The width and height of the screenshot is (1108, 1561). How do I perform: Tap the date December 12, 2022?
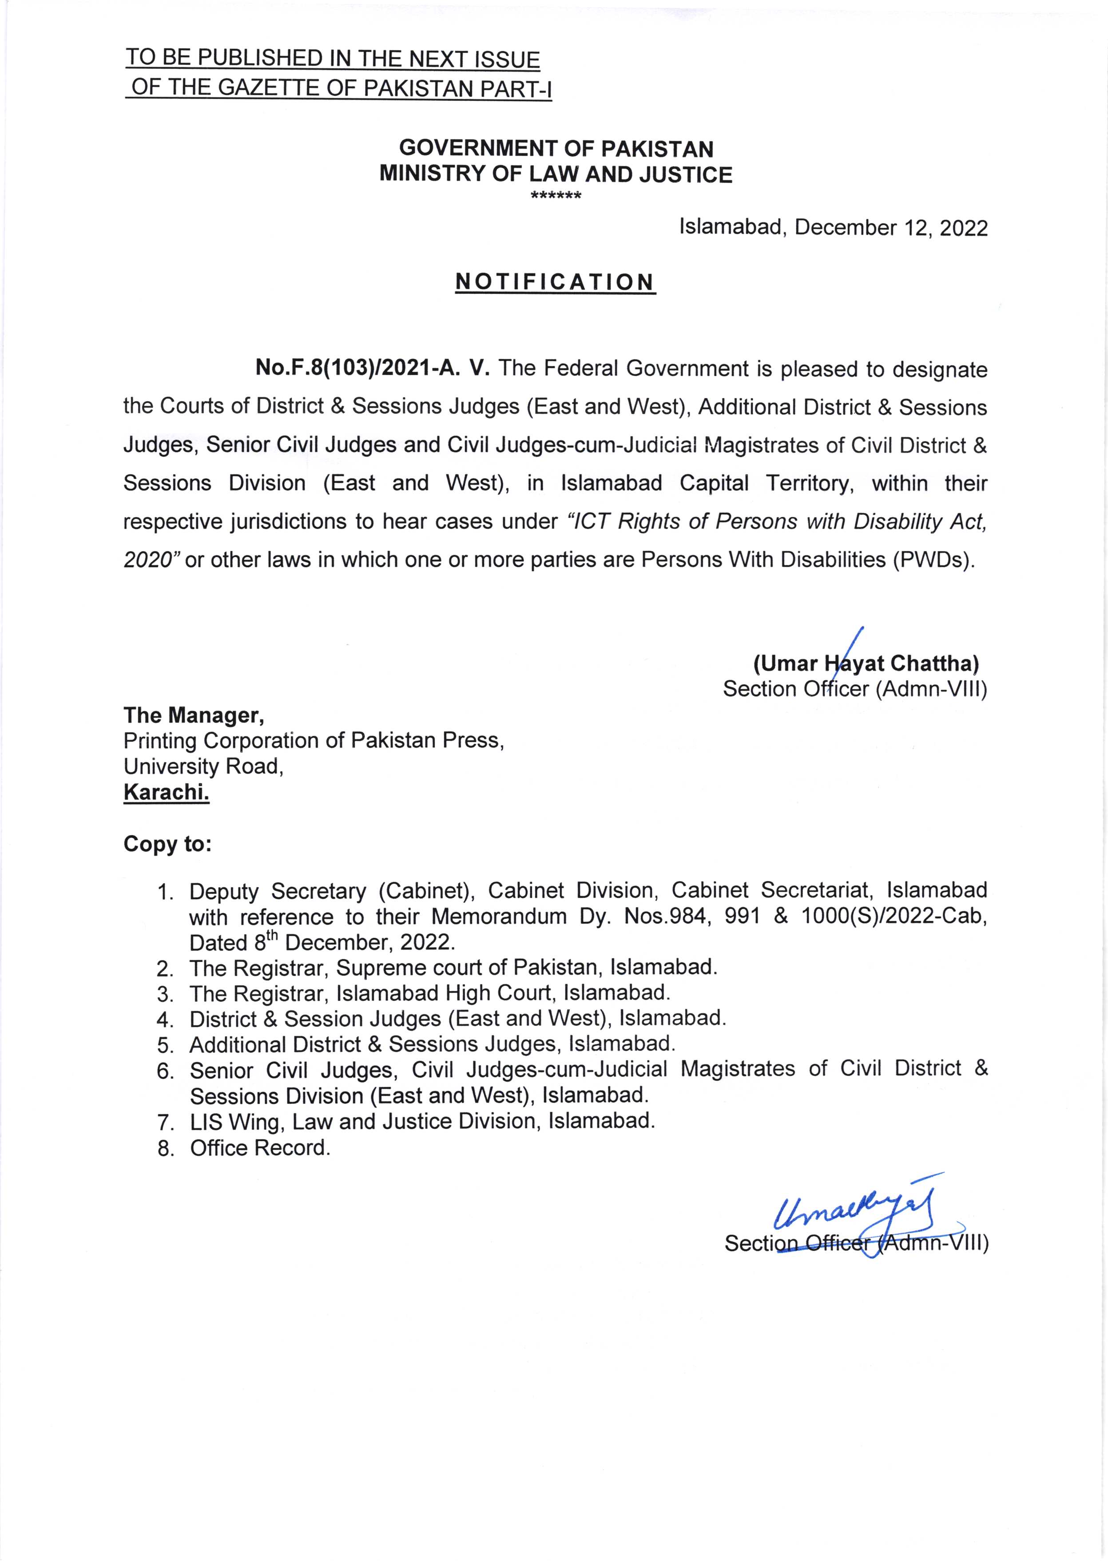(891, 228)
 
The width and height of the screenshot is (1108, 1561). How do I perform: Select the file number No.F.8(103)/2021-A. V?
(373, 369)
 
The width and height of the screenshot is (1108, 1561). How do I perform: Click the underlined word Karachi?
(166, 792)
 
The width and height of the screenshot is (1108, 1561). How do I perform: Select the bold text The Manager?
(194, 715)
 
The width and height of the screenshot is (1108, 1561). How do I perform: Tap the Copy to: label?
(167, 844)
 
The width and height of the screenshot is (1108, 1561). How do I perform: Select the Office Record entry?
(260, 1148)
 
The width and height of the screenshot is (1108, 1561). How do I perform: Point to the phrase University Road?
(203, 767)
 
